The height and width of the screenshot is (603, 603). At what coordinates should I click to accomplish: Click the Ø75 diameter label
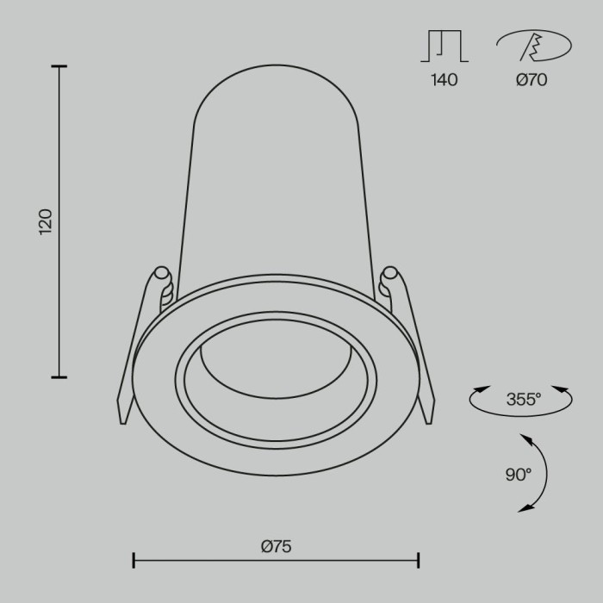click(276, 545)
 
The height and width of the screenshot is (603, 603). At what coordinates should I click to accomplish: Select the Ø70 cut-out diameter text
click(532, 81)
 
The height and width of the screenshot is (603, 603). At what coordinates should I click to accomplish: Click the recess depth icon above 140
click(442, 47)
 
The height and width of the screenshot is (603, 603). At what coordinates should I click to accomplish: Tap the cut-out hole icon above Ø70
click(532, 47)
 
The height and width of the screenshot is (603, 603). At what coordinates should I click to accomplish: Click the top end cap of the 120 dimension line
click(59, 66)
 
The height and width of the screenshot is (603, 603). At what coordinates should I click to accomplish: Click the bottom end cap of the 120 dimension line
click(59, 376)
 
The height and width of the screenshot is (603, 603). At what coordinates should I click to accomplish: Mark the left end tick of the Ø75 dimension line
click(134, 561)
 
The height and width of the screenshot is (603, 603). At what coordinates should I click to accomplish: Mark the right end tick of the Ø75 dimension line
click(419, 561)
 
